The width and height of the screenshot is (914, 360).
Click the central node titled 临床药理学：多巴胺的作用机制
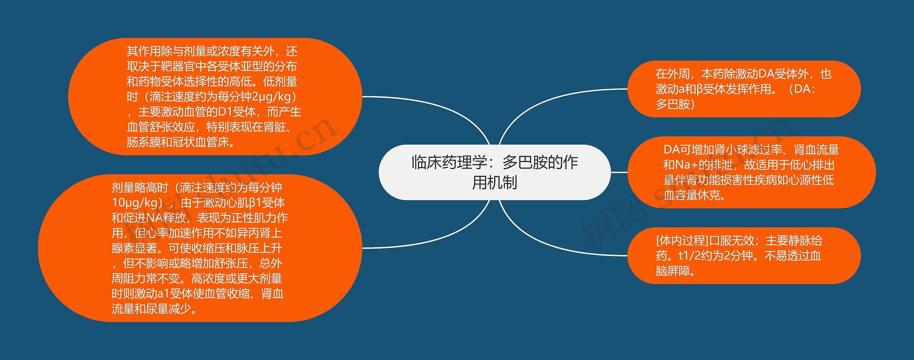[x=494, y=172]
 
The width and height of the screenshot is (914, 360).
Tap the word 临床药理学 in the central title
[x=450, y=162]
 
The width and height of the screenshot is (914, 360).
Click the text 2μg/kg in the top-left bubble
[x=271, y=97]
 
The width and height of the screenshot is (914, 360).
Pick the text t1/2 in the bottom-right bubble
[x=685, y=256]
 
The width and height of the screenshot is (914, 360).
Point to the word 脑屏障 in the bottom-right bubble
[x=673, y=271]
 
